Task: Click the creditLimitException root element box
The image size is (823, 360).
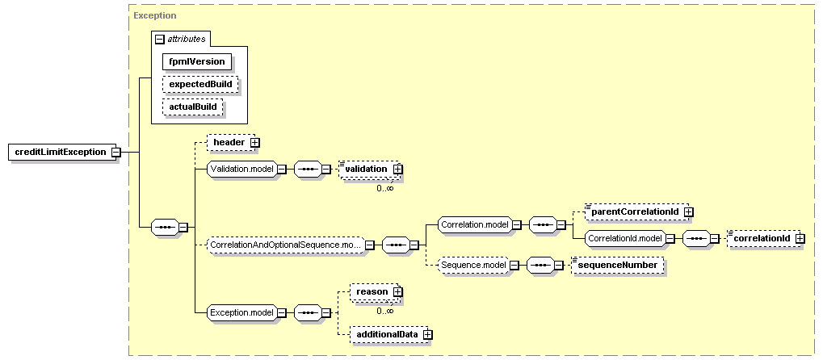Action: pos(61,152)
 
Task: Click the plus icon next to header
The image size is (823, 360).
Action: pos(254,143)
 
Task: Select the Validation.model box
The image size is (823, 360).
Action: pos(241,169)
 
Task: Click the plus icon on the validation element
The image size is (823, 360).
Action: pos(397,169)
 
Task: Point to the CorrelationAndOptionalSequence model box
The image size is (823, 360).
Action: pos(285,244)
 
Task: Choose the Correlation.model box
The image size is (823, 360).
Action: pos(473,224)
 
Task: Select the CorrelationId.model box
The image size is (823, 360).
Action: pos(624,238)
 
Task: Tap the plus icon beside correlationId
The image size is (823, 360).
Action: pos(799,238)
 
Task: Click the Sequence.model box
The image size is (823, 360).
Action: pos(472,264)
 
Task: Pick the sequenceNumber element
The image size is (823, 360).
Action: pos(617,264)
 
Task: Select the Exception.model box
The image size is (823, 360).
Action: pos(241,312)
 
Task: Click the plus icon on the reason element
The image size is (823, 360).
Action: pos(397,291)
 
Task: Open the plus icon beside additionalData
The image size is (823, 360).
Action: pos(427,334)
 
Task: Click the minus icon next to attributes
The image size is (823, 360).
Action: pos(159,38)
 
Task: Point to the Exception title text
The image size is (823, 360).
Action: pos(155,15)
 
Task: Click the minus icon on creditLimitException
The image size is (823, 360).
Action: pos(116,152)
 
